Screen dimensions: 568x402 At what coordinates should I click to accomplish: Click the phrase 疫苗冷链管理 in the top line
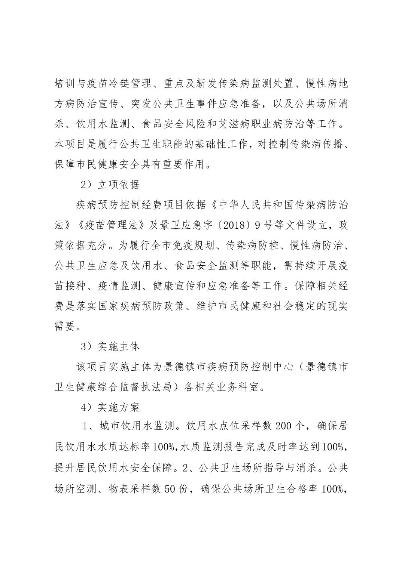click(116, 83)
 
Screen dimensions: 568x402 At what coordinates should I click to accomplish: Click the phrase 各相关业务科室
click(220, 387)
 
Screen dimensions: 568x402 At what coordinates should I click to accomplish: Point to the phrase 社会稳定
click(283, 306)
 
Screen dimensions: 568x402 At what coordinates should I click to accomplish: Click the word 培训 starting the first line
click(64, 83)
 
